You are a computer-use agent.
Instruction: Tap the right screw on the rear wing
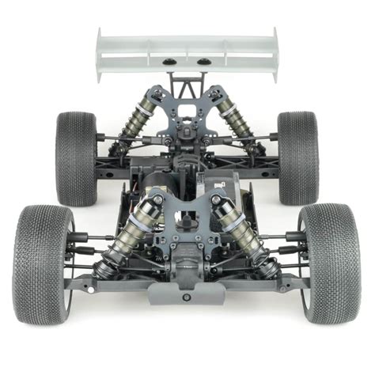[203, 62]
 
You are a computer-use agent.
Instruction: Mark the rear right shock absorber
[238, 119]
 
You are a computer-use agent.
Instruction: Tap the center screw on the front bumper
[187, 297]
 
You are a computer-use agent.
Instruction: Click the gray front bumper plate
[187, 293]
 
